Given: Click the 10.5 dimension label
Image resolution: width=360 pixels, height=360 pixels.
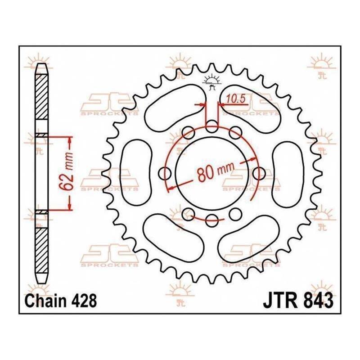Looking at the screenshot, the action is coord(236,99).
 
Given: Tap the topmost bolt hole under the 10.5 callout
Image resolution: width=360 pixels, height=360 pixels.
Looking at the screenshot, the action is coord(211,126).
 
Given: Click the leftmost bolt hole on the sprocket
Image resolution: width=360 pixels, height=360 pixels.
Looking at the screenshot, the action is coord(165,174).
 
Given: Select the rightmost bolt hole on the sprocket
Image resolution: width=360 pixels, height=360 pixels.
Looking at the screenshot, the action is coord(259,174).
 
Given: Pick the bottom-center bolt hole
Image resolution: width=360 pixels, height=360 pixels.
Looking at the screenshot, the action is coord(211,220).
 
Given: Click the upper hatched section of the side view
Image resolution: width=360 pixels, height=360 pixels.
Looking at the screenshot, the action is coord(41,97).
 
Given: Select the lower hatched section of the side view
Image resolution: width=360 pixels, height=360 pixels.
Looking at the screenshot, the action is coord(41,250).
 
